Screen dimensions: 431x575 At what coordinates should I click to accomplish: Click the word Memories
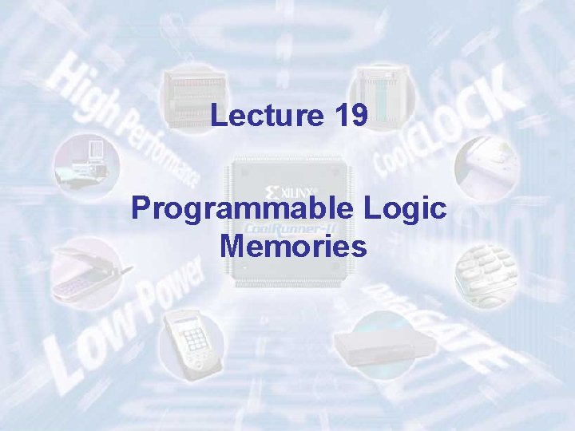click(x=293, y=246)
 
